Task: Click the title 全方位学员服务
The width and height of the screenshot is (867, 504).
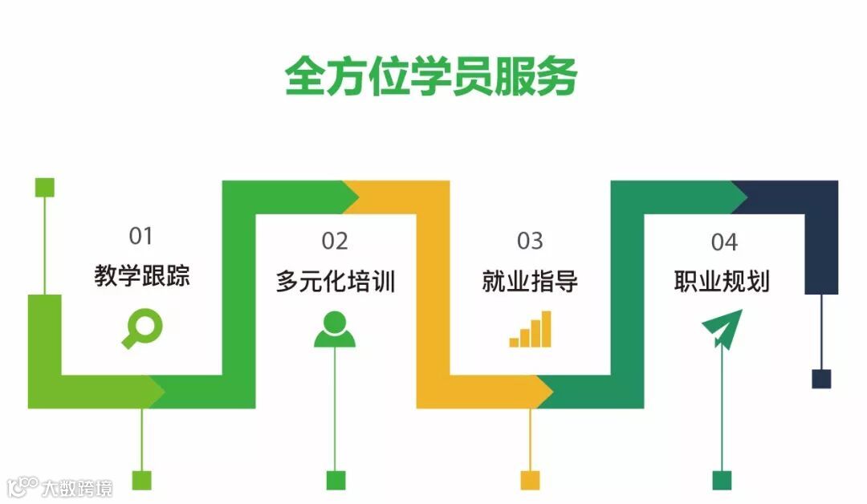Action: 431,76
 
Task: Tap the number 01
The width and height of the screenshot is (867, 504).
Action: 141,236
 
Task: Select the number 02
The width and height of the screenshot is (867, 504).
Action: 335,241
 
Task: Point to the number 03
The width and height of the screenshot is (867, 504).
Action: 530,241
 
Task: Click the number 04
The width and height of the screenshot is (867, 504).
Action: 723,241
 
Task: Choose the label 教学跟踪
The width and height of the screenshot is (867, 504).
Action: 142,277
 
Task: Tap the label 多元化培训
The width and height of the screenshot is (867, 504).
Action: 336,282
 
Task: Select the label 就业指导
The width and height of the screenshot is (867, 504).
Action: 530,282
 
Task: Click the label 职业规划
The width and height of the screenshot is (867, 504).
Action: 722,282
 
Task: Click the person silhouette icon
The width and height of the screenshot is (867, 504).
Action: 335,329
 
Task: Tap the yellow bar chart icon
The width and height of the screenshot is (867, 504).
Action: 531,330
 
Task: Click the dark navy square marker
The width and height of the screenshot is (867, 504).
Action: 821,379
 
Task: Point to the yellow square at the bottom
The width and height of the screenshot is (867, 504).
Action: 530,480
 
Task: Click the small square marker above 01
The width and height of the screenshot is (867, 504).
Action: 44,187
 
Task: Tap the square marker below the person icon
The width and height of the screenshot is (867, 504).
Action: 336,480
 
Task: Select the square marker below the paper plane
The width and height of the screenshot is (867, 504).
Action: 722,480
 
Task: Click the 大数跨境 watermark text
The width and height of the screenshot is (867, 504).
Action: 77,486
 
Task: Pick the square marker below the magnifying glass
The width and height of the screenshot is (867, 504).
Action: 141,480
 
